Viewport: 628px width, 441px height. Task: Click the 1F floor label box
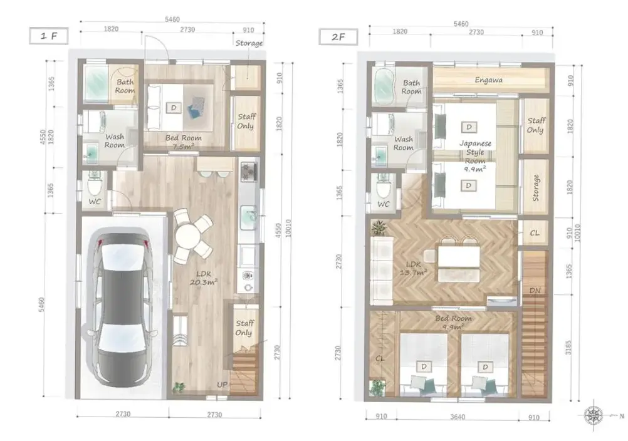48,36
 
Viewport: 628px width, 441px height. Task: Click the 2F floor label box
338,37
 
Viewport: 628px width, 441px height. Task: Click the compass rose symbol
593,415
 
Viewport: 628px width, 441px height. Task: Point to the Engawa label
488,80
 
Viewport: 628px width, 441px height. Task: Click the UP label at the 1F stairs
222,385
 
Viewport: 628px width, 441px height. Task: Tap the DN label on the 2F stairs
535,291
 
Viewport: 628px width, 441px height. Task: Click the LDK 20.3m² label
204,278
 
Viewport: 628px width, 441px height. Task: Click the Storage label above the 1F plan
249,43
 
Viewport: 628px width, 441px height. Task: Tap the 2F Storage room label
535,188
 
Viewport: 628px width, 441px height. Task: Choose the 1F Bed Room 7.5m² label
184,142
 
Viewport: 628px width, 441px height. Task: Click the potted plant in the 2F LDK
379,227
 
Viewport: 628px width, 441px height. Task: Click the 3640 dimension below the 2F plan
457,417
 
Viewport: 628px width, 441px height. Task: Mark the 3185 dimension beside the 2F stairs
568,348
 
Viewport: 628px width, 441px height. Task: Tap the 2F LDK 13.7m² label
413,269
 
